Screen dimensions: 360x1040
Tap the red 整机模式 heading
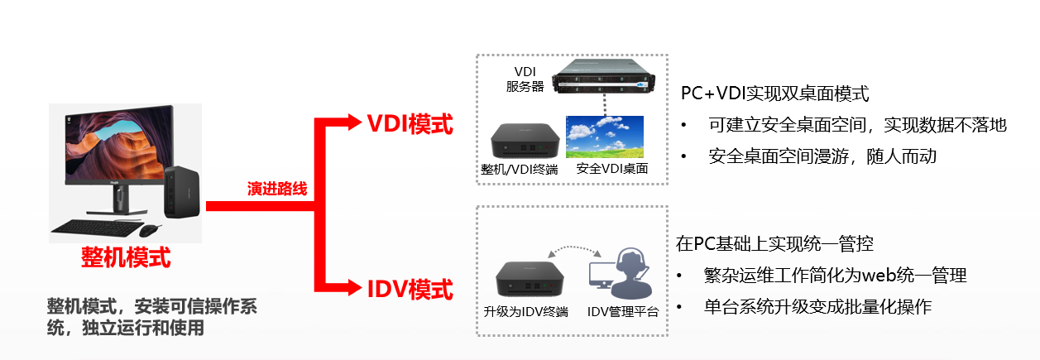[x=126, y=257]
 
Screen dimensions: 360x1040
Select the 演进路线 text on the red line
[x=277, y=190]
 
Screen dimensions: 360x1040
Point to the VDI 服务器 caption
[x=524, y=79]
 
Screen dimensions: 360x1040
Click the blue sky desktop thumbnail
[x=604, y=136]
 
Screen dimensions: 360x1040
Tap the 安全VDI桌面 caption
[x=611, y=169]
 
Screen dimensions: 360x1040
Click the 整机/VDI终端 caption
[x=519, y=169]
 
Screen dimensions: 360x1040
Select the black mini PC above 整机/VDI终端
[x=521, y=141]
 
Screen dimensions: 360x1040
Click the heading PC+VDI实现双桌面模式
[x=774, y=93]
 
